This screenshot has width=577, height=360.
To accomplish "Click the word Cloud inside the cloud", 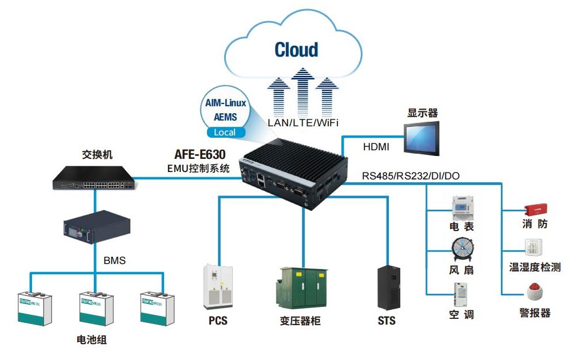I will (x=296, y=50).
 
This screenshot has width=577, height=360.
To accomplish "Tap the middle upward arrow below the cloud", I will (x=303, y=91).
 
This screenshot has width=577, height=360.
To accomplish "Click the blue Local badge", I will (x=225, y=133).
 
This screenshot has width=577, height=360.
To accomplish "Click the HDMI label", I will (x=376, y=147).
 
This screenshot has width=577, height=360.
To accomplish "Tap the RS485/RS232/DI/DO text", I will (x=411, y=175).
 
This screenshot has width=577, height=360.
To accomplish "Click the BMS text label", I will (x=114, y=261).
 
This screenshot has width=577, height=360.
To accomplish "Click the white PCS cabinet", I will (x=218, y=286).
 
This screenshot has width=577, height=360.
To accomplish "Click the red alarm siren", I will (x=535, y=293).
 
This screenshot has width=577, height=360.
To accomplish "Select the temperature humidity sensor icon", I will (x=534, y=247).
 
